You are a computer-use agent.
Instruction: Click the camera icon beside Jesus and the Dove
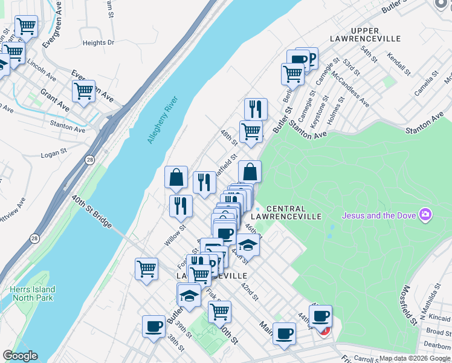point(426,215)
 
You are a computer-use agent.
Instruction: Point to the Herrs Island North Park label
point(32,293)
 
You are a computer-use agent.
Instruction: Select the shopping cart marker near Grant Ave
point(84,91)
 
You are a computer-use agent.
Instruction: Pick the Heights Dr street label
point(98,43)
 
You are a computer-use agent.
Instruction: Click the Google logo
point(20,356)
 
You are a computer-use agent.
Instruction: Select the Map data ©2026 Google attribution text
point(413,358)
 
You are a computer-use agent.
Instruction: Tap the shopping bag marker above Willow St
point(176,178)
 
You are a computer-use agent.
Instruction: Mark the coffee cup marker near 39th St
point(153,327)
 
